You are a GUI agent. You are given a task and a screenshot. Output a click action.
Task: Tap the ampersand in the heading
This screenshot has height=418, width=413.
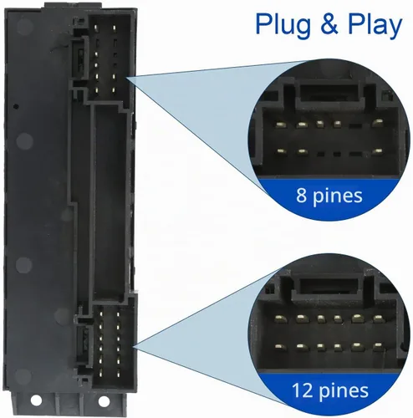329,23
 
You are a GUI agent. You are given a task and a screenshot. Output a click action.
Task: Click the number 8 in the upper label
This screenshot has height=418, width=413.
302,195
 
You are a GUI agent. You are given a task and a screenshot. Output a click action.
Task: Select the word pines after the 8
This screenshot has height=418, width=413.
337,196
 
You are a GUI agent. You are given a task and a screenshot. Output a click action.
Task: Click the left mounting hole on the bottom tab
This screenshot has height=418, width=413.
36,400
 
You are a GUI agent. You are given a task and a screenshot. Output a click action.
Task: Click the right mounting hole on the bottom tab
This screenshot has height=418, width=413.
104,401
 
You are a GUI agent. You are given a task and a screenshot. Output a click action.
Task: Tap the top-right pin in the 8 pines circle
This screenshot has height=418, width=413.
378,123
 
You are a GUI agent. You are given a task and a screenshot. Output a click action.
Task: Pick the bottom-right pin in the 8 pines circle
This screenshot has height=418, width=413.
378,151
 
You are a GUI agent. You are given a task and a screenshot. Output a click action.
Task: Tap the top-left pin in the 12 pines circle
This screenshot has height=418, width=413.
280,318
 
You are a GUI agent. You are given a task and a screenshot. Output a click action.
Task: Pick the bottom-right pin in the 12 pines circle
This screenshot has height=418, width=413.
378,347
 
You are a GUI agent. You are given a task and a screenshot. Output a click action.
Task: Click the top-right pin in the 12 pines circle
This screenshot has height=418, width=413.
378,318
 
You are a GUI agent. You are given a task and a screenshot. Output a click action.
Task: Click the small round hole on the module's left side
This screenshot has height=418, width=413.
16,106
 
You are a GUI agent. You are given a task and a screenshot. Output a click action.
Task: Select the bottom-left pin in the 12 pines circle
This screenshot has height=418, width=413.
280,347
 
